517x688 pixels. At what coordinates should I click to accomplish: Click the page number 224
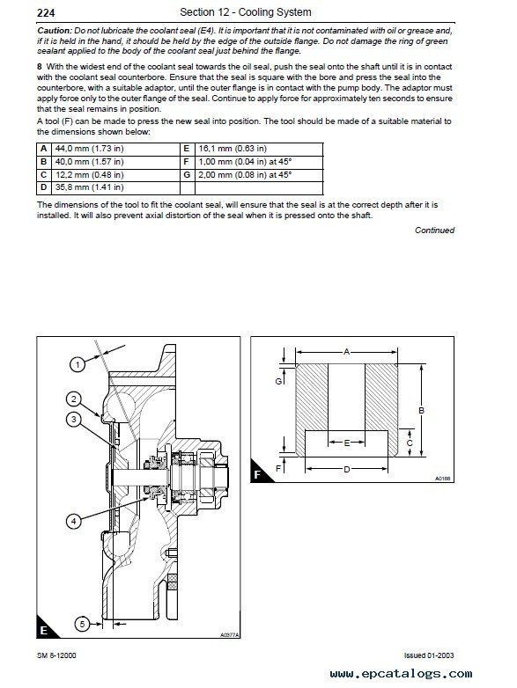pyautogui.click(x=46, y=13)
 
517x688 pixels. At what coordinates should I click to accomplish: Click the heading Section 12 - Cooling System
pyautogui.click(x=246, y=12)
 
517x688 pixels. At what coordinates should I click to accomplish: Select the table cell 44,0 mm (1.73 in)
pyautogui.click(x=116, y=149)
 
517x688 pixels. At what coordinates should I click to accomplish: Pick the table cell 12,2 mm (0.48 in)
pyautogui.click(x=116, y=174)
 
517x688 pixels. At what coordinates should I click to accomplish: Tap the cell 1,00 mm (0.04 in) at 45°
pyautogui.click(x=259, y=162)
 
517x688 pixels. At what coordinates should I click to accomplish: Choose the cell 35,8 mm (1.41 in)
pyautogui.click(x=116, y=187)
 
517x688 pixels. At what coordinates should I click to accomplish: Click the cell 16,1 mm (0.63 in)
pyautogui.click(x=259, y=149)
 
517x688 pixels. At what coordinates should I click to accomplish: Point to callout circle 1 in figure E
pyautogui.click(x=78, y=364)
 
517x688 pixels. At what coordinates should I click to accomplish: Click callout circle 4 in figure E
pyautogui.click(x=73, y=521)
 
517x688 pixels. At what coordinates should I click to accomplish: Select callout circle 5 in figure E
pyautogui.click(x=83, y=624)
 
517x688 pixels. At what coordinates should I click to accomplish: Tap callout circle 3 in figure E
pyautogui.click(x=73, y=420)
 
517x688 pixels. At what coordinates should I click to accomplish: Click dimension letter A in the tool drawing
pyautogui.click(x=346, y=351)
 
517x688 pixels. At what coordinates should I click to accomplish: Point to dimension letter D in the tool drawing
pyautogui.click(x=346, y=469)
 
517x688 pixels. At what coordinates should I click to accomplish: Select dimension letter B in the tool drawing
pyautogui.click(x=421, y=411)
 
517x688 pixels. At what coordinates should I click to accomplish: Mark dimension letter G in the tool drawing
pyautogui.click(x=278, y=381)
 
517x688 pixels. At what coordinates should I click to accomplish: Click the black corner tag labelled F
pyautogui.click(x=258, y=473)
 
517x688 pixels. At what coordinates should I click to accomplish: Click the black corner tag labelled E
pyautogui.click(x=44, y=629)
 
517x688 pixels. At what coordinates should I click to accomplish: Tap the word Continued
pyautogui.click(x=434, y=230)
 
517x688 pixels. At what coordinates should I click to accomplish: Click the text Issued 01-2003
pyautogui.click(x=429, y=655)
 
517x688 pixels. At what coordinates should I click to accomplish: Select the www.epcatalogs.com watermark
pyautogui.click(x=401, y=674)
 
